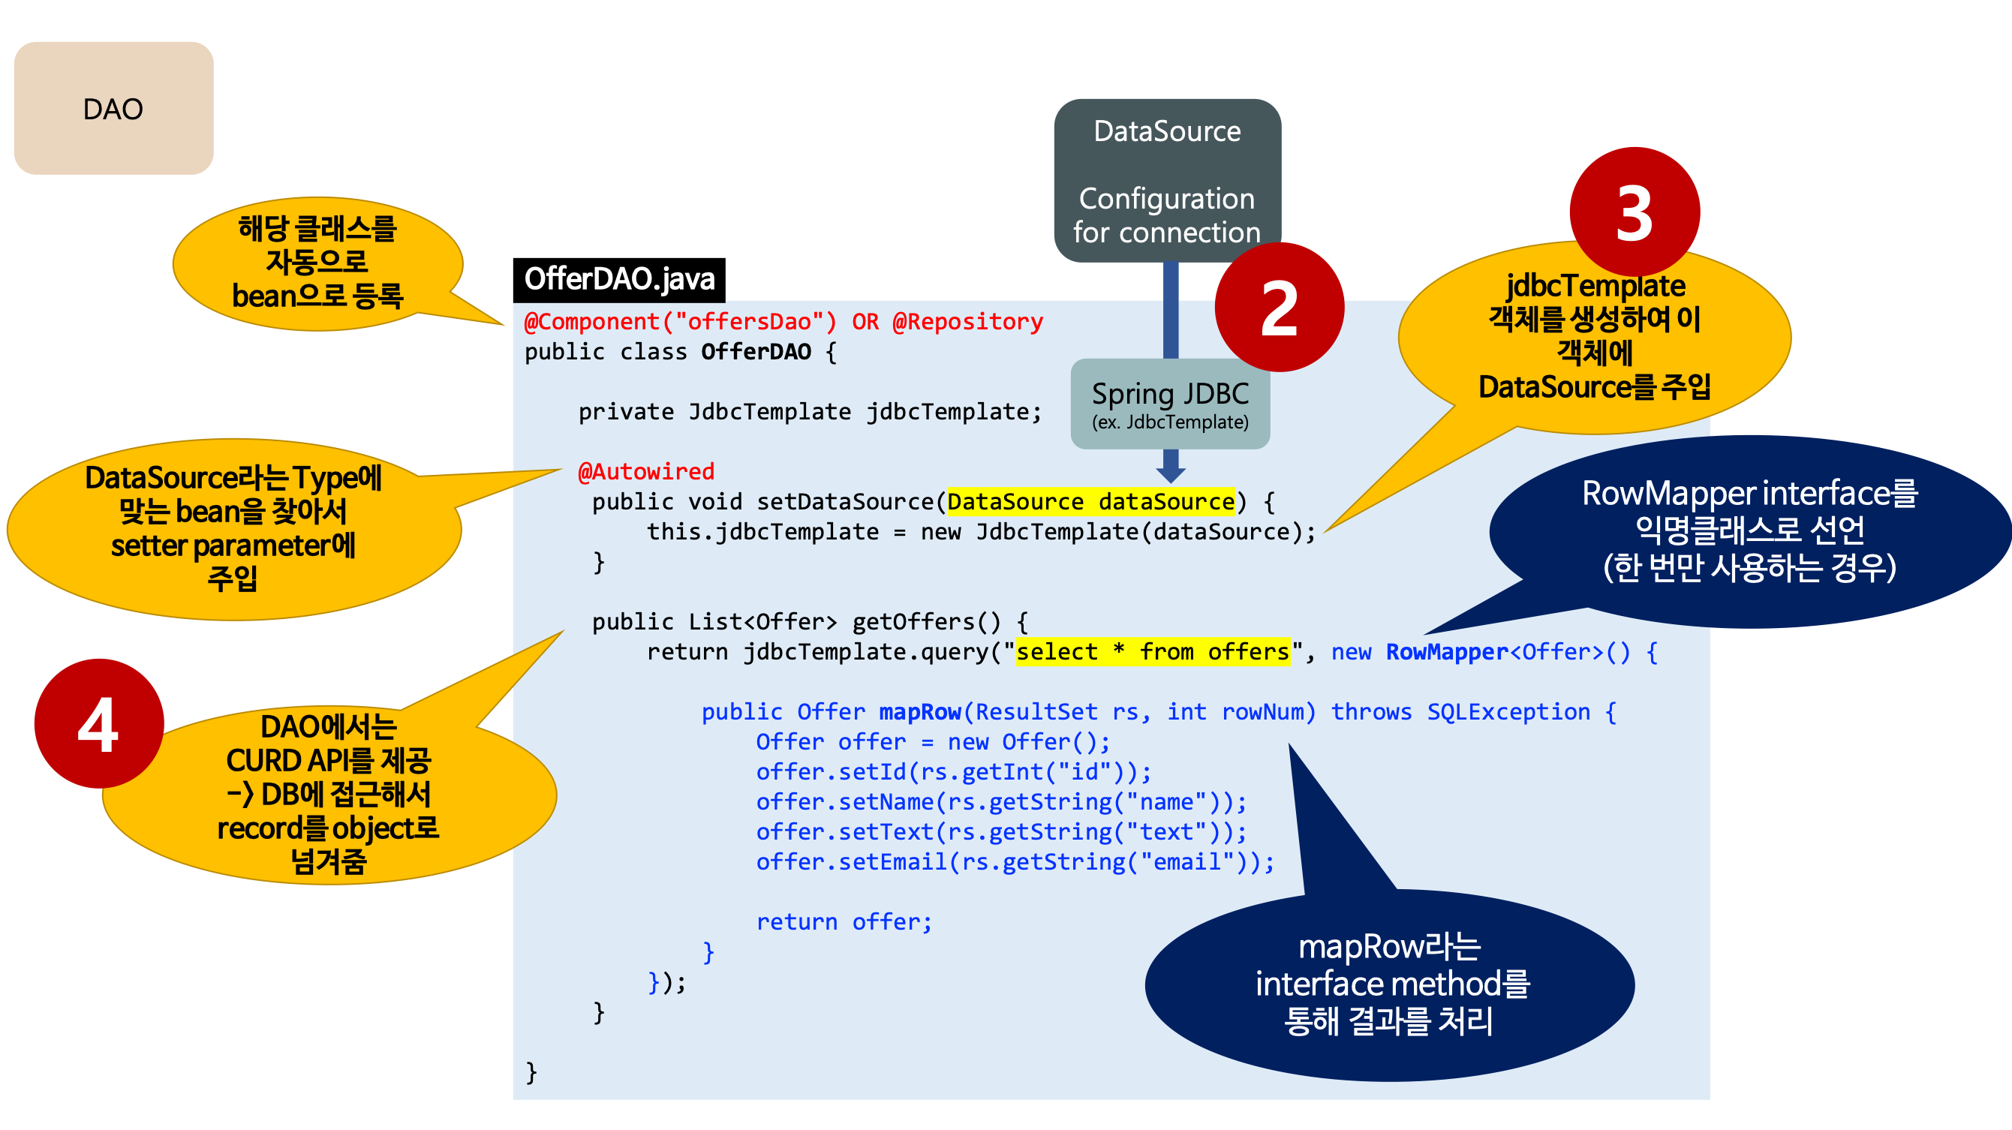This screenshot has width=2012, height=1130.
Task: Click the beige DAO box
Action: (x=113, y=109)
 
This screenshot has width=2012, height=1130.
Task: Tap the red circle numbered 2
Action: (x=1279, y=308)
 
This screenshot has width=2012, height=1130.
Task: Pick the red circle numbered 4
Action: (x=98, y=724)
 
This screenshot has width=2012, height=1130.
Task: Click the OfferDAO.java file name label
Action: (x=619, y=280)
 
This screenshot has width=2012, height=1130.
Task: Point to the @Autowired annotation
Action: (x=646, y=472)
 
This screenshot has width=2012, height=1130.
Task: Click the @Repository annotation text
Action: (x=968, y=322)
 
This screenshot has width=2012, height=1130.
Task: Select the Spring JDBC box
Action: (x=1170, y=403)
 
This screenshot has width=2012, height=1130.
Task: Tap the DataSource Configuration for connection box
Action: (x=1167, y=181)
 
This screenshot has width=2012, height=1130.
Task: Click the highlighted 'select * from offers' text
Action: (x=1153, y=651)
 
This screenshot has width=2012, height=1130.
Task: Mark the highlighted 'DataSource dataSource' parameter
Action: (x=1090, y=501)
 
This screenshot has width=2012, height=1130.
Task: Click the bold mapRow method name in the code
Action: (x=920, y=711)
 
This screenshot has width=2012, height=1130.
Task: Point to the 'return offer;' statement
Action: (x=844, y=921)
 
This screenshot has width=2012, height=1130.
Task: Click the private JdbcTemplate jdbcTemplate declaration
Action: (x=810, y=411)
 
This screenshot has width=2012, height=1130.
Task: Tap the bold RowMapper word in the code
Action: (x=1446, y=651)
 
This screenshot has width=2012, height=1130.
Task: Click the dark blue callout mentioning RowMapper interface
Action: (x=1749, y=531)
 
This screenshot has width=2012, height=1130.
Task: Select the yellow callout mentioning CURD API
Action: (x=328, y=793)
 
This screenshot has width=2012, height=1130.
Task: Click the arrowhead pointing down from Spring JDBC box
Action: (x=1170, y=473)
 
